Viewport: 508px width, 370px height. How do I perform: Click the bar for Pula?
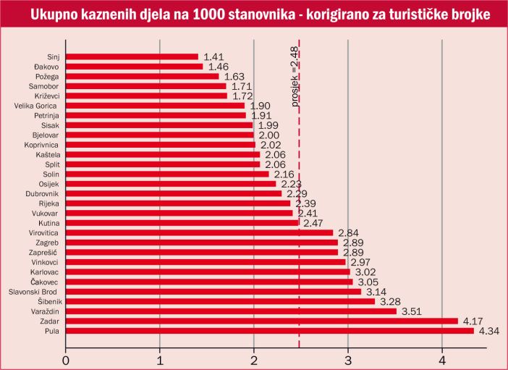click(x=269, y=331)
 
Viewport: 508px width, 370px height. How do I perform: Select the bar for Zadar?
click(x=261, y=321)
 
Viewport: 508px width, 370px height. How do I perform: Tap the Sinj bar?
click(x=132, y=56)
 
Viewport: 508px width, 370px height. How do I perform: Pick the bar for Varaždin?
click(x=231, y=311)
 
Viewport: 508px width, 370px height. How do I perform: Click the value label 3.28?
click(x=391, y=302)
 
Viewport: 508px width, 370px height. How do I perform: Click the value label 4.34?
click(x=491, y=332)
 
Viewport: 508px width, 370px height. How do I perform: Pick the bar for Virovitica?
click(x=199, y=233)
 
